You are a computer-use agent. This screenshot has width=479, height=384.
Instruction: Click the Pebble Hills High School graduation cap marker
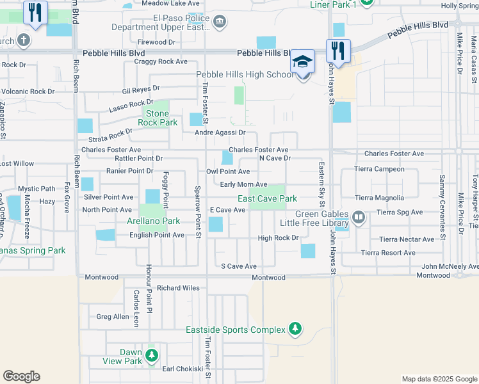tap(303, 61)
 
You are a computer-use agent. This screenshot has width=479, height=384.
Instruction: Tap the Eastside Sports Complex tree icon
tap(295, 330)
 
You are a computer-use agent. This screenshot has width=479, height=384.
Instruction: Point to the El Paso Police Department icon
tap(220, 22)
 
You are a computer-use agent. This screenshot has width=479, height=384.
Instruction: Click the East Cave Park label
tap(268, 199)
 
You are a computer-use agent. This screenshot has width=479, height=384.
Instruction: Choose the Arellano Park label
tap(152, 221)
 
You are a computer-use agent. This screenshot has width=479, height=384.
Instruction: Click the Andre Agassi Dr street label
tap(220, 132)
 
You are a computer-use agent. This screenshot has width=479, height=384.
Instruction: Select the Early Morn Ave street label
tap(243, 184)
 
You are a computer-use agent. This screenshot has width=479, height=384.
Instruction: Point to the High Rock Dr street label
tap(278, 238)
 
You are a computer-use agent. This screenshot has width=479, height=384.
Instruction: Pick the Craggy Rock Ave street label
tap(160, 62)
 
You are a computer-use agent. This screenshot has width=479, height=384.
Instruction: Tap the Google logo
tap(21, 376)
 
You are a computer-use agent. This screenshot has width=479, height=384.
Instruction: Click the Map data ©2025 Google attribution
tap(439, 379)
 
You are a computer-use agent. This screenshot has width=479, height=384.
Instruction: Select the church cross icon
tap(23, 41)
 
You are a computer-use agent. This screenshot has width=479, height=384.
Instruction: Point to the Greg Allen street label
tap(112, 316)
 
